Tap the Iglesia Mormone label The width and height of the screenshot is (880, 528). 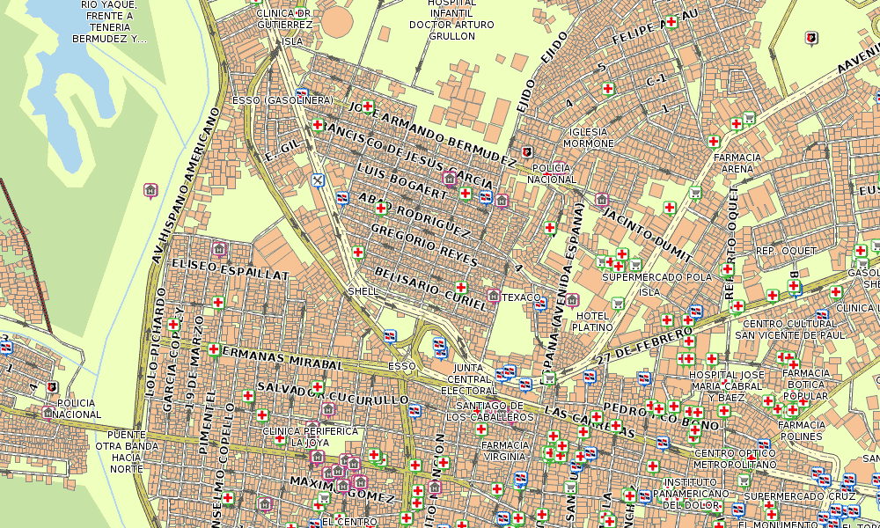[x=588, y=137]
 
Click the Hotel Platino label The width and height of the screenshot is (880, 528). [x=593, y=321]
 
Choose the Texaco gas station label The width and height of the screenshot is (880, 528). [x=522, y=297]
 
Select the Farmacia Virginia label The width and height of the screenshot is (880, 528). [x=505, y=451]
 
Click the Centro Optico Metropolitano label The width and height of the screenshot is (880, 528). [x=735, y=458]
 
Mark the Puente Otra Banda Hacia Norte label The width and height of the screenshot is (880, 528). [x=126, y=451]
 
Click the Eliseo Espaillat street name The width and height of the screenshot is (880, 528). [x=231, y=268]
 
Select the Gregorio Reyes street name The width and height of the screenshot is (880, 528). [x=424, y=246]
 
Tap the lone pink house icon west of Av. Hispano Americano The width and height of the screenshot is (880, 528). [x=150, y=189]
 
